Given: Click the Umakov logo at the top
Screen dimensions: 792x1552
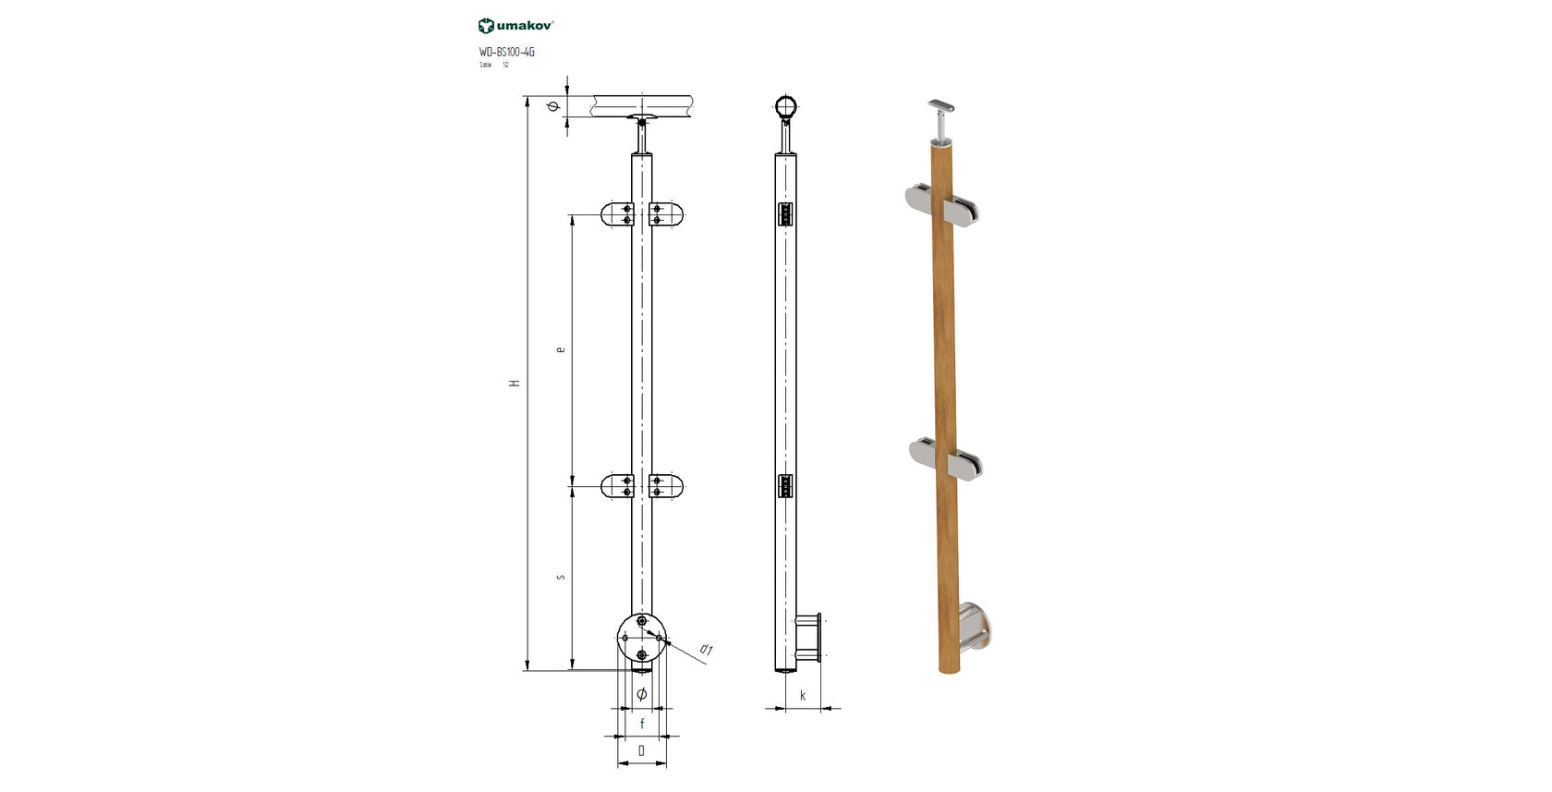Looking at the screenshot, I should [515, 26].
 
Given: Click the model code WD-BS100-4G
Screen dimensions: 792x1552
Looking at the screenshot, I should [506, 52].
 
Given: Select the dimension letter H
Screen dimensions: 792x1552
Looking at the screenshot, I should [515, 383].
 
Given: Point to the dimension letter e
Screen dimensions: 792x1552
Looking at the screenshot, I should [560, 349].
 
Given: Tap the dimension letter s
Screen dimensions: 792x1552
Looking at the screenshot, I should [560, 578].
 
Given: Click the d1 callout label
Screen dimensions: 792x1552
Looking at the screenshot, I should [706, 650].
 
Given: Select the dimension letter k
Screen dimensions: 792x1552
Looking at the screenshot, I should [803, 695].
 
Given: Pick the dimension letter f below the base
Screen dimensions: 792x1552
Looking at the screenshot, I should [642, 724].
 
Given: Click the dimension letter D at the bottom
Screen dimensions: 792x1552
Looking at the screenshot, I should [642, 750].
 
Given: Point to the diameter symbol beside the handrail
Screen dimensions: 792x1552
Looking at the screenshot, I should [553, 106].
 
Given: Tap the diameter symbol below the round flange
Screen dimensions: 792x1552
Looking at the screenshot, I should [642, 694].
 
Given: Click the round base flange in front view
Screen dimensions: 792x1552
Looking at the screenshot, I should [641, 637].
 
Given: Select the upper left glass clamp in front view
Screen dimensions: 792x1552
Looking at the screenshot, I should [617, 214].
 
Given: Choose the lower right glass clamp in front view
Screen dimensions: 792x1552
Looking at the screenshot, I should [667, 485].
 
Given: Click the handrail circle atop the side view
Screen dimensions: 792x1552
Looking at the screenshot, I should [786, 107].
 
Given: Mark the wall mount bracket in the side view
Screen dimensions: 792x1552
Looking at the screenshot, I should [808, 638].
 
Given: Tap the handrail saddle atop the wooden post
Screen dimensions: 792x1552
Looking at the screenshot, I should [944, 107].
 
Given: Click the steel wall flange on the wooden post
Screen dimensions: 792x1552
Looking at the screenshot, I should [974, 627].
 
